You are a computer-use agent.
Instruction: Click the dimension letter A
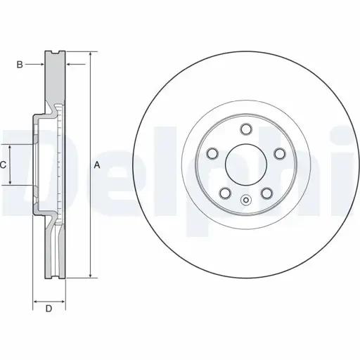pos(97,165)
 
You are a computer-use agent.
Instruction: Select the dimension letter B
pos(20,65)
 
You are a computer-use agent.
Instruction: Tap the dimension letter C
pos(3,165)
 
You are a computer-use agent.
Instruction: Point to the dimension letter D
pos(49,309)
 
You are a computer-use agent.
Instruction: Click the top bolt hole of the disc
pos(246,129)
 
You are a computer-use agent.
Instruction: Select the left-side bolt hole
pos(212,154)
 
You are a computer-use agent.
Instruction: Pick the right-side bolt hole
pos(280,154)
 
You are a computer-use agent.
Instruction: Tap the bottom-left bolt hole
pos(225,193)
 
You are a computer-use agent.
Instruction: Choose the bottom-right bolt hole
pos(267,193)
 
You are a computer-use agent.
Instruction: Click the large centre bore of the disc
pos(246,165)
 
